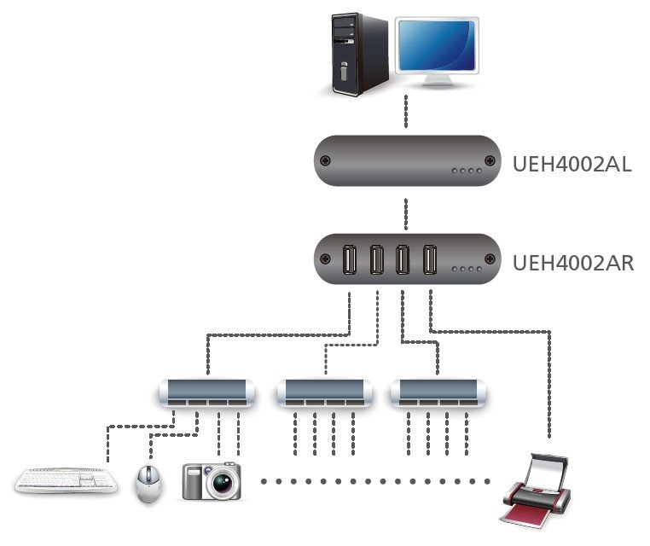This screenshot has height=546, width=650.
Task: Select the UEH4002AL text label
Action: point(572,164)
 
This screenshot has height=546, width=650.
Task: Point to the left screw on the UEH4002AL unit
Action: point(324,161)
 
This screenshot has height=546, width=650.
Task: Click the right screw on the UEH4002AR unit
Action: point(489,259)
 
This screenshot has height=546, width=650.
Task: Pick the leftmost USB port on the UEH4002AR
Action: point(348,259)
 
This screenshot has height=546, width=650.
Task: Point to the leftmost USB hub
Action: point(207,392)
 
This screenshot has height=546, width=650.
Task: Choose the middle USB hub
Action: point(325,392)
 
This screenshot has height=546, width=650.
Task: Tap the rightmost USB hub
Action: point(439,392)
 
